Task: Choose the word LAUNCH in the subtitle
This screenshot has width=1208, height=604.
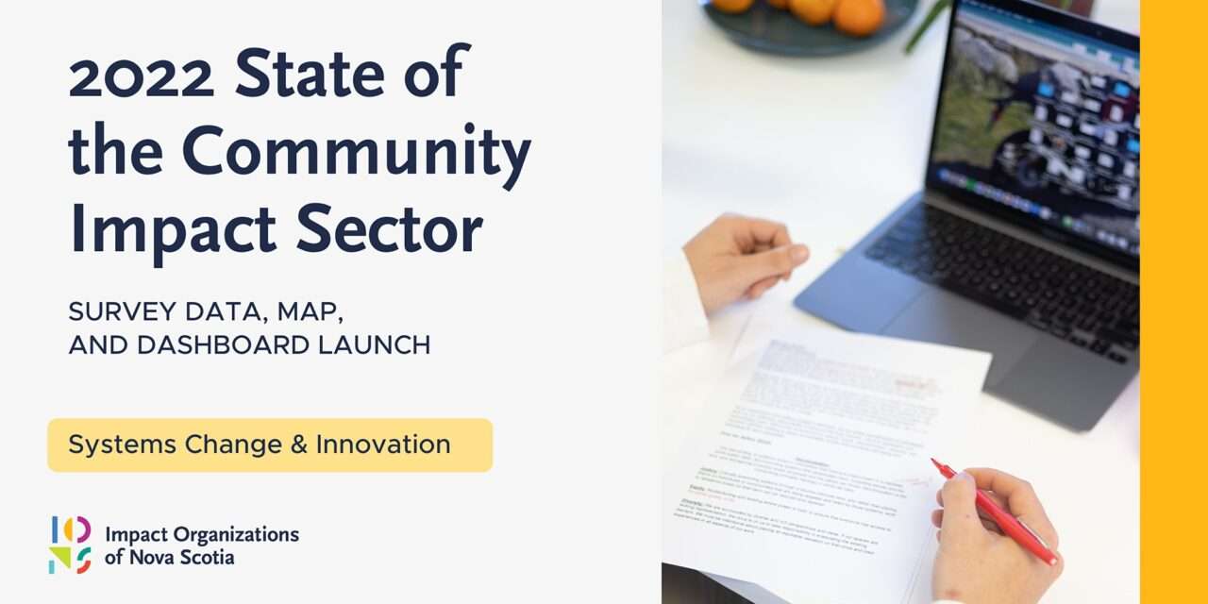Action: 377,345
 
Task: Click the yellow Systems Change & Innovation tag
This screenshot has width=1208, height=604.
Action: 270,445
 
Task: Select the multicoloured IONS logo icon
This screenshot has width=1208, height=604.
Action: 71,545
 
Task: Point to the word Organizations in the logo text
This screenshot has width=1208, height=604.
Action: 236,534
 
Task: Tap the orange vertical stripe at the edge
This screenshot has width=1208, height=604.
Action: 1174,302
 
